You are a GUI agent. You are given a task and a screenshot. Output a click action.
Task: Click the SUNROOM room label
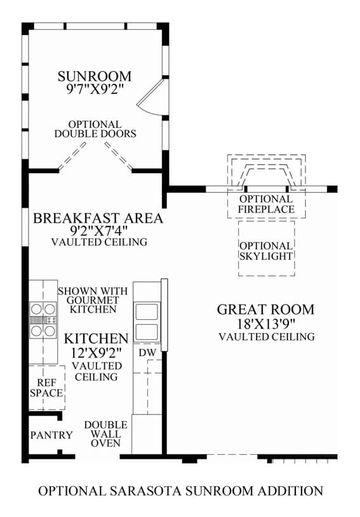pyautogui.click(x=95, y=76)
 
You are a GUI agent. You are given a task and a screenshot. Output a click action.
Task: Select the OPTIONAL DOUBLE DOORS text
pyautogui.click(x=95, y=129)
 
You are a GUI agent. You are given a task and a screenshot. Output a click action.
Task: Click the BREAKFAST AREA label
pyautogui.click(x=98, y=218)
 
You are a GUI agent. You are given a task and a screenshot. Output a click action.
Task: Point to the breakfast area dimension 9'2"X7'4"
pyautogui.click(x=98, y=230)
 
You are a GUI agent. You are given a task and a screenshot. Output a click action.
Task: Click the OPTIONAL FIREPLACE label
pyautogui.click(x=266, y=204)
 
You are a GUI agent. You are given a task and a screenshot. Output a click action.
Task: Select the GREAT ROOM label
pyautogui.click(x=266, y=310)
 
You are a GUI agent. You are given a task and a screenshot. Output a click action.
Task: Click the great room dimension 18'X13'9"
pyautogui.click(x=266, y=324)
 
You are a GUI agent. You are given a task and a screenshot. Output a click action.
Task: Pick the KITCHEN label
pyautogui.click(x=96, y=339)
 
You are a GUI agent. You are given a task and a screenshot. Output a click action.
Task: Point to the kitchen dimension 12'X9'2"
pyautogui.click(x=97, y=353)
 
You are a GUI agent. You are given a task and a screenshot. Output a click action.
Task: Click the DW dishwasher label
pyautogui.click(x=147, y=353)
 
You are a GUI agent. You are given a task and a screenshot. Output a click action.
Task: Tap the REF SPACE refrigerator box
pyautogui.click(x=47, y=388)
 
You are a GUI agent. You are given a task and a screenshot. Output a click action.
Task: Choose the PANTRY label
pyautogui.click(x=51, y=435)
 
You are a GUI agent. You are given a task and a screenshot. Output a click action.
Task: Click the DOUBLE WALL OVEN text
pyautogui.click(x=105, y=434)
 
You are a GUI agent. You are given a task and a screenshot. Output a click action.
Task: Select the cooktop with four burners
pyautogui.click(x=43, y=320)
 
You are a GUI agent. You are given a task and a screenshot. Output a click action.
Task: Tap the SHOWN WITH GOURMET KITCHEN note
pyautogui.click(x=93, y=301)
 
